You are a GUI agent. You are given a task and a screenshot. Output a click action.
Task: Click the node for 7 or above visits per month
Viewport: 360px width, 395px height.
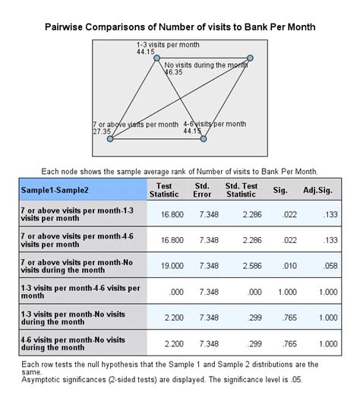[x=109, y=138]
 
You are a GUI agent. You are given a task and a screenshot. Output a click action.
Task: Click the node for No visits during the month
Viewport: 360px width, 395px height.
[x=250, y=58]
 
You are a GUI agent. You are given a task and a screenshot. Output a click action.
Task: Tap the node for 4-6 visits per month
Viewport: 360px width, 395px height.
[x=203, y=138]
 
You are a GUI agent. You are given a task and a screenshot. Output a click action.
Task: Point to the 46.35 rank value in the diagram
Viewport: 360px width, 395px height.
[x=173, y=72]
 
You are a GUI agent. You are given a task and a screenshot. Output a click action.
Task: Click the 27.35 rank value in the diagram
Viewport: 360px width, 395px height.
[x=103, y=131]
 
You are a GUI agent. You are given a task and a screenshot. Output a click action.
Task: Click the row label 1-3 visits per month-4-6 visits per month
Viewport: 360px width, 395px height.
[x=81, y=291]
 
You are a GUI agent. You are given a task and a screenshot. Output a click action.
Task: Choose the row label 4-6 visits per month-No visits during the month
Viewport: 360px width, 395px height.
[x=81, y=343]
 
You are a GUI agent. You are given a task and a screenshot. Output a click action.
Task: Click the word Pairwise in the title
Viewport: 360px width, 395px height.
[x=69, y=26]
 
